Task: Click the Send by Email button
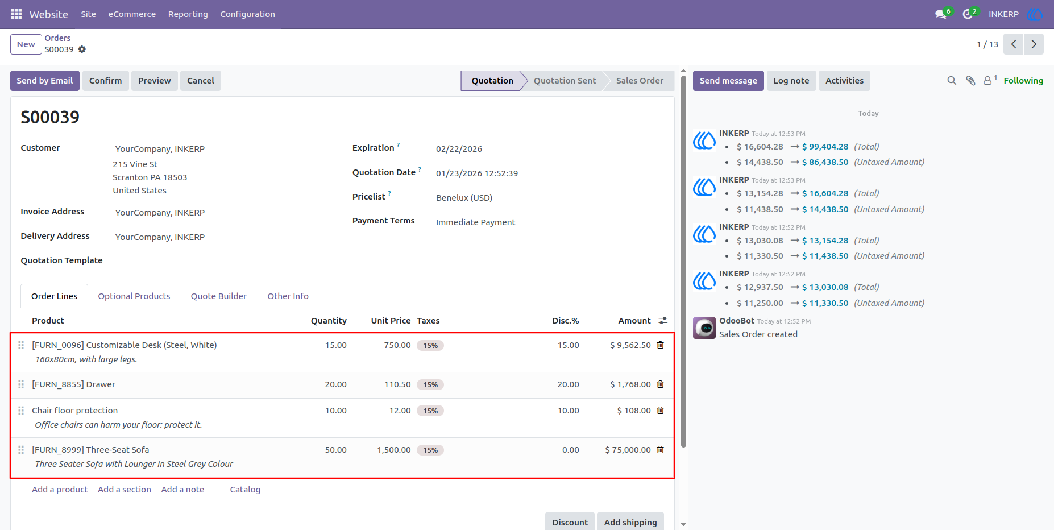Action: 45,81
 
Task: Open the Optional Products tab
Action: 134,296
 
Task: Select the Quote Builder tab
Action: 219,296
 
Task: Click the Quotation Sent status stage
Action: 565,81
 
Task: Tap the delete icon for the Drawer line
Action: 661,384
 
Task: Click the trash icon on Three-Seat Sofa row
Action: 661,450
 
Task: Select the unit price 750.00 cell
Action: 397,345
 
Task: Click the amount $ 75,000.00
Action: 628,450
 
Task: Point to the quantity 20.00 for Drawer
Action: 336,384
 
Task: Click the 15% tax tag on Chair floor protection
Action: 430,411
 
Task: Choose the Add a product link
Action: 60,490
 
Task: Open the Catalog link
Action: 245,490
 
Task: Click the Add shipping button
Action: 630,522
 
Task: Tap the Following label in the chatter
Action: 1023,81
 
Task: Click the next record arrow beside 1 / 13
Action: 1034,44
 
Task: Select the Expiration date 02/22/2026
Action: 459,149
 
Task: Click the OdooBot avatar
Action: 704,328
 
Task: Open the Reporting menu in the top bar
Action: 188,14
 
